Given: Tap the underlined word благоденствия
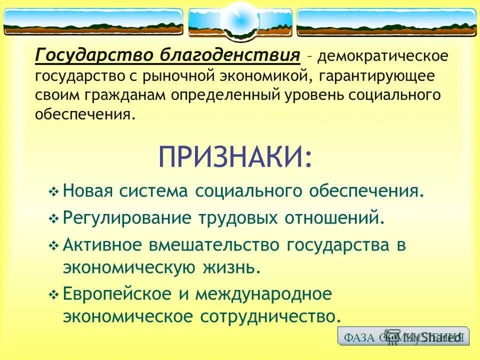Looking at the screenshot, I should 230,54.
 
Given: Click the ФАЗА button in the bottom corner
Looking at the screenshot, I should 403,336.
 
